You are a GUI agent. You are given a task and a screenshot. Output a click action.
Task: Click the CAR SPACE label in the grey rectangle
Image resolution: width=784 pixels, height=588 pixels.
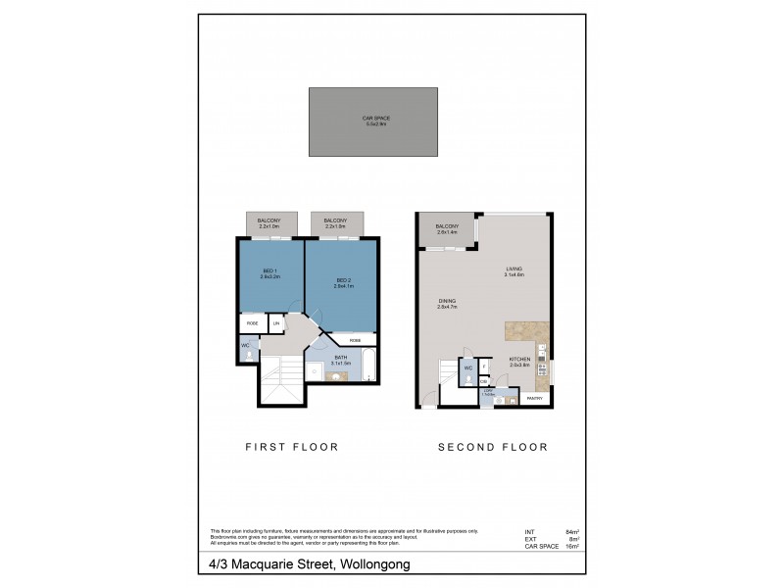[376, 121]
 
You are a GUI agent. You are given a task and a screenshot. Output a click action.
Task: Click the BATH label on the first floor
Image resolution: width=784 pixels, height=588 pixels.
[340, 359]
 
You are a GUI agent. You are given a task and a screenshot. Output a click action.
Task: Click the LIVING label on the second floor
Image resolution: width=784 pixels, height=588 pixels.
[514, 270]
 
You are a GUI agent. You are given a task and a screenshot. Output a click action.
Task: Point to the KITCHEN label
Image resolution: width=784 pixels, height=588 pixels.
[519, 362]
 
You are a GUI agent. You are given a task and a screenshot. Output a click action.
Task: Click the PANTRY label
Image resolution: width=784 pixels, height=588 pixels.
[535, 399]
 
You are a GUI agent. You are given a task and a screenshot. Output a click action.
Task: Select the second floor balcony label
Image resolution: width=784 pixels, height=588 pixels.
[448, 228]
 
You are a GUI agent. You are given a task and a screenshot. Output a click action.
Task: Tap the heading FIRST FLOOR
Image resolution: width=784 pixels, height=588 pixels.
[291, 446]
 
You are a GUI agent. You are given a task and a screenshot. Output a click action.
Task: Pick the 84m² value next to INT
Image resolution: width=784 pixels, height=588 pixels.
[573, 530]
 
